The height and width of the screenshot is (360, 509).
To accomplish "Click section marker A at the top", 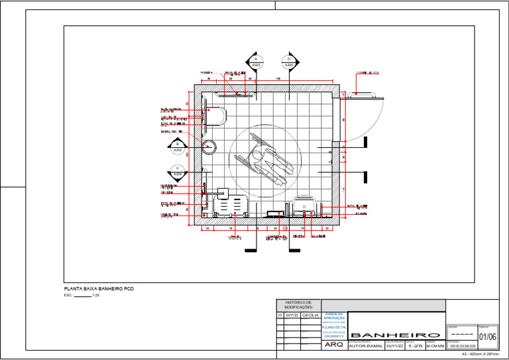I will [255, 63].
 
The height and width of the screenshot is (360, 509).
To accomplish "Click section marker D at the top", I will [290, 63].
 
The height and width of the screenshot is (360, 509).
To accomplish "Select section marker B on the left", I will [178, 147].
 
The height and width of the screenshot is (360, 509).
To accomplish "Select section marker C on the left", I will [178, 172].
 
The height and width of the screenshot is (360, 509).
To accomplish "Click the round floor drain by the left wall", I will [208, 147].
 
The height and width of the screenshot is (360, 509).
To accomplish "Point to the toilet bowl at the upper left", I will [216, 116].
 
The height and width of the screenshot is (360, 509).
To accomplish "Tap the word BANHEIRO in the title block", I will [396, 335].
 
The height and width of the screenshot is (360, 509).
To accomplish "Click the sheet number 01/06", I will [487, 337].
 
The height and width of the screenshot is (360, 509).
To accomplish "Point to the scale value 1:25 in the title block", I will [414, 345].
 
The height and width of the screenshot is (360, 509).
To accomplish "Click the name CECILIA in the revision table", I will [311, 316].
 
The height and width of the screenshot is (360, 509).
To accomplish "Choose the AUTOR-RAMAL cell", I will [365, 345].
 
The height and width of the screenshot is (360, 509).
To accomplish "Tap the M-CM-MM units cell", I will [435, 345].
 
